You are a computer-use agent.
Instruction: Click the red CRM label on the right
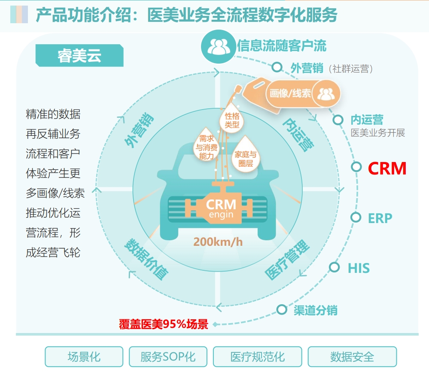(x=387, y=168)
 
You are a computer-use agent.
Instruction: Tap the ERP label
(x=380, y=218)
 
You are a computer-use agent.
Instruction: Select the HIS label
(x=359, y=268)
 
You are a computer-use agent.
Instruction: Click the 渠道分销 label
(x=316, y=310)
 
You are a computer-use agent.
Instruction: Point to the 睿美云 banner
(x=79, y=55)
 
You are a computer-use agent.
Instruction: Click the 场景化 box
(x=84, y=357)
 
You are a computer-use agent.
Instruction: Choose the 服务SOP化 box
(x=168, y=357)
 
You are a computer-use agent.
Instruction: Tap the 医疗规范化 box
(x=258, y=357)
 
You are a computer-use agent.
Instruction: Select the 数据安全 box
(x=352, y=357)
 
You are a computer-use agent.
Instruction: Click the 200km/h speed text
(x=218, y=242)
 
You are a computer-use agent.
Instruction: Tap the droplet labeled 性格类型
(x=231, y=119)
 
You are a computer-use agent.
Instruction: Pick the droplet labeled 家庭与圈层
(x=245, y=155)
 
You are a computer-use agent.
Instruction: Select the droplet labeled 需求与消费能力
(x=207, y=144)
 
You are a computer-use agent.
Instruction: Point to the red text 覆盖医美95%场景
(x=164, y=324)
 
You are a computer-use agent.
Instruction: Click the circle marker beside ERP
(x=356, y=217)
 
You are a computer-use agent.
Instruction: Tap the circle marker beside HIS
(x=334, y=267)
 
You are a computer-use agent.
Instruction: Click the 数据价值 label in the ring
(x=146, y=259)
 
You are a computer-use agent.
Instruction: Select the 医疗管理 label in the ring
(x=287, y=259)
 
